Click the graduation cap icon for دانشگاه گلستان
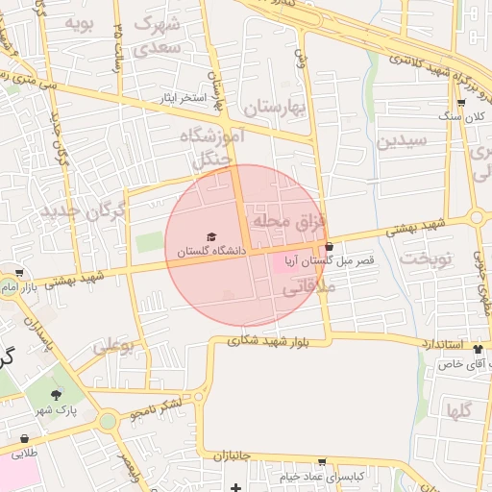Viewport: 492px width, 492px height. [x=211, y=236]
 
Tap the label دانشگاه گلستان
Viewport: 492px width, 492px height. [x=211, y=251]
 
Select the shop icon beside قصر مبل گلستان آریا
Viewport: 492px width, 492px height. [x=330, y=247]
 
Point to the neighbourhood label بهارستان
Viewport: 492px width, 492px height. [x=273, y=108]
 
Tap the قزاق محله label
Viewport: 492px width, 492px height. [x=288, y=222]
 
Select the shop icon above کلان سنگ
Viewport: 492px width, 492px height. [x=461, y=102]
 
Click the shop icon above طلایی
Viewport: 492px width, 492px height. [x=24, y=439]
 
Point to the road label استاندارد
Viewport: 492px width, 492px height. [x=443, y=343]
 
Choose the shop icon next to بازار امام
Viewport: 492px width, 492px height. [x=18, y=274]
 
